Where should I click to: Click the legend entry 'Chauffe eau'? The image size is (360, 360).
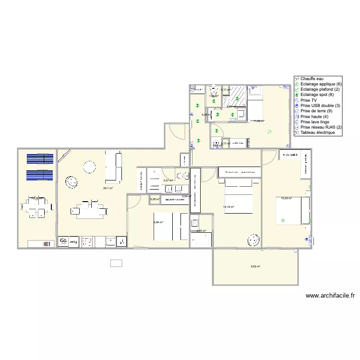click(x=312, y=79)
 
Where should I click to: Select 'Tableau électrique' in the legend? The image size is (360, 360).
click(x=317, y=132)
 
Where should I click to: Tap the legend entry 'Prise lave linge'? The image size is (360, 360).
click(x=315, y=121)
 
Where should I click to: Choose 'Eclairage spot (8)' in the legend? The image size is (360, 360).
click(x=317, y=95)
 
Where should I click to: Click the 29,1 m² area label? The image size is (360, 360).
click(x=108, y=188)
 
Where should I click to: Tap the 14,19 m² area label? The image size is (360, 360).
click(x=228, y=207)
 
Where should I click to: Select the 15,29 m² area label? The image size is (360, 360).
click(x=286, y=198)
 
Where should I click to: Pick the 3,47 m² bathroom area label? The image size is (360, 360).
click(x=168, y=180)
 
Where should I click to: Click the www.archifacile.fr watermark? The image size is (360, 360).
click(x=333, y=296)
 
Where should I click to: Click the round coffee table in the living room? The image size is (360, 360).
click(x=90, y=167)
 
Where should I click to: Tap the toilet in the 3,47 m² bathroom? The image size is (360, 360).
click(x=181, y=175)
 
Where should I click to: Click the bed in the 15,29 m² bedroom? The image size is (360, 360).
click(x=293, y=211)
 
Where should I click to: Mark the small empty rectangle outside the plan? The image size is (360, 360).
click(x=116, y=263)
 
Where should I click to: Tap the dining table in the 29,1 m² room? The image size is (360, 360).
click(x=88, y=209)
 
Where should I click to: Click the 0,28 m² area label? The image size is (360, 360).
click(x=155, y=199)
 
